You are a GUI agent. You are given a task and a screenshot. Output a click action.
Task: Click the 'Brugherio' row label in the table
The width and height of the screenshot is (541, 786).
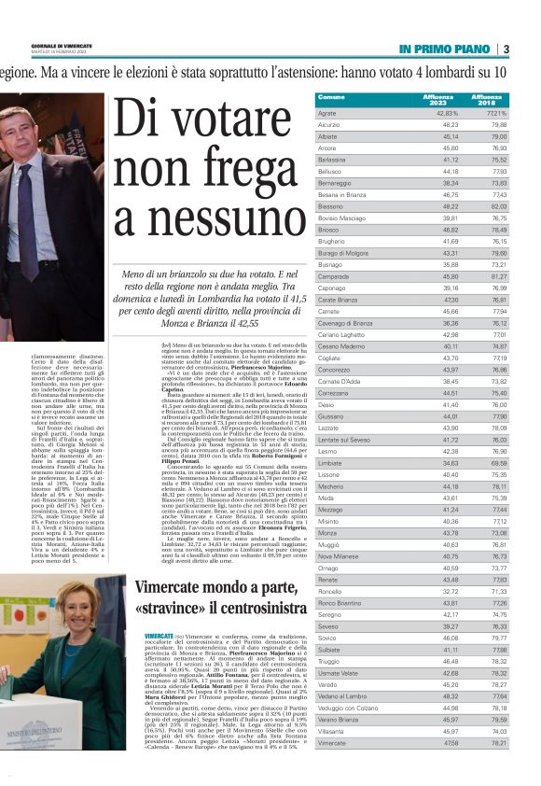(x=332, y=242)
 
